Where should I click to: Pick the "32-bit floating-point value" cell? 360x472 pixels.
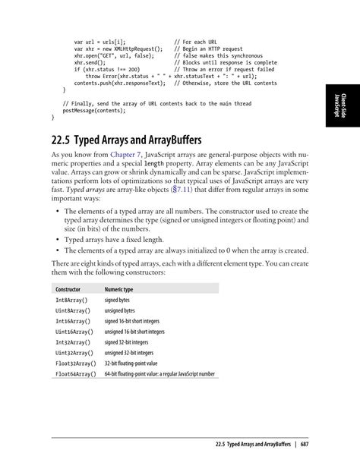(x=134, y=363)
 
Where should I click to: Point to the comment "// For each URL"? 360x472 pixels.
(x=197, y=42)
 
